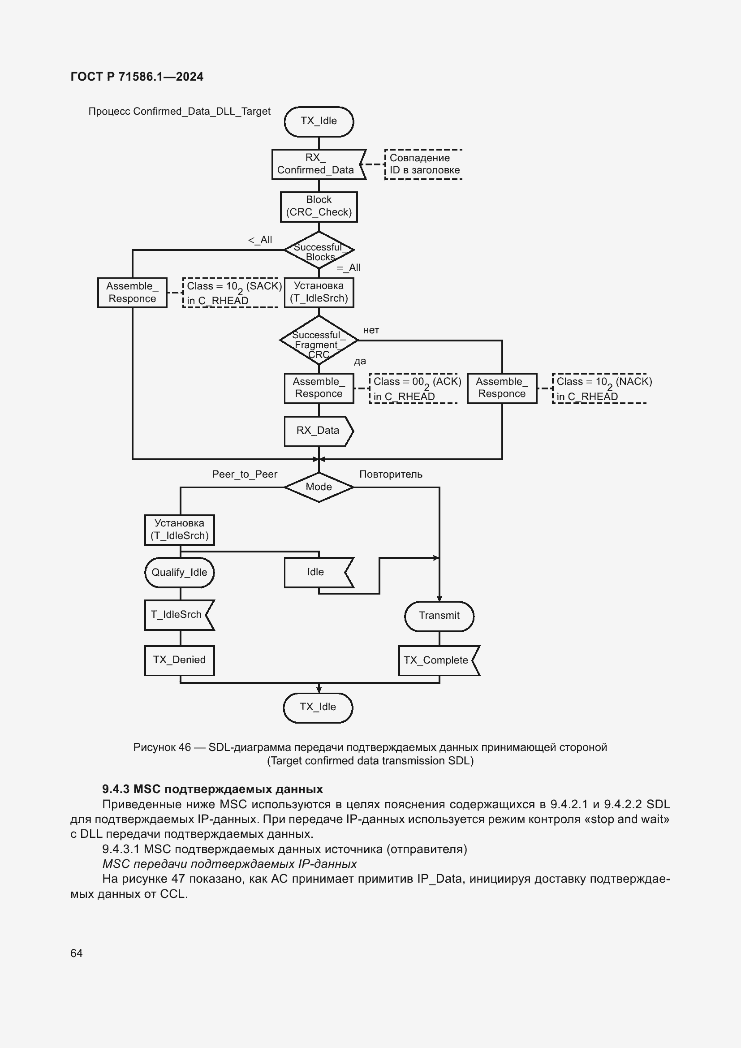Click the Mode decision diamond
click(319, 487)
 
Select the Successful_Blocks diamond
click(319, 250)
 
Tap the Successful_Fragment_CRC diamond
click(319, 340)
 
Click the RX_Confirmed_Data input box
click(319, 164)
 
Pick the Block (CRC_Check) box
click(319, 207)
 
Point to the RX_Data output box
click(319, 431)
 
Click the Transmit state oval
click(439, 616)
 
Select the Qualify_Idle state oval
click(179, 572)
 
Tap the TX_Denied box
click(179, 660)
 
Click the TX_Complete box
click(439, 660)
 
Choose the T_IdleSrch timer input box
click(179, 615)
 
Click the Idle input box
click(319, 572)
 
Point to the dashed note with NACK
click(599, 388)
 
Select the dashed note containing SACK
click(231, 293)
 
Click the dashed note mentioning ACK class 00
click(414, 388)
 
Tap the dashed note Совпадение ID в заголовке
click(423, 164)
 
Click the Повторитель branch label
click(391, 474)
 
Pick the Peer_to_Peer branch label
click(245, 474)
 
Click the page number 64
click(76, 953)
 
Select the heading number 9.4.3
click(116, 789)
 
